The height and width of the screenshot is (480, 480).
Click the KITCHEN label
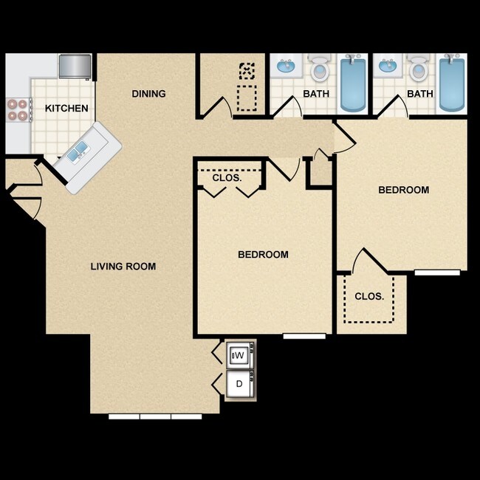[x=66, y=109]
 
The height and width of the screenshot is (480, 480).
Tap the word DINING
[x=148, y=94]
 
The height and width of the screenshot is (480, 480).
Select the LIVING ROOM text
[x=123, y=267]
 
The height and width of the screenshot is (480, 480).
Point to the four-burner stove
[x=18, y=110]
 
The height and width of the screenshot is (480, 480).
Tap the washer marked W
[x=239, y=356]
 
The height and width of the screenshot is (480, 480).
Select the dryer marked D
[x=239, y=384]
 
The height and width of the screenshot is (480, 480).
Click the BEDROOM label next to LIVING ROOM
[x=263, y=255]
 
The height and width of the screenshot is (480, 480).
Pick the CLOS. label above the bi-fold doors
[x=227, y=178]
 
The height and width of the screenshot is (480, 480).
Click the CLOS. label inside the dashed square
[x=369, y=296]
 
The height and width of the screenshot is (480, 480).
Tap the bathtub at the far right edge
[x=451, y=83]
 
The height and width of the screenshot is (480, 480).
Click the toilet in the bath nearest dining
[x=319, y=69]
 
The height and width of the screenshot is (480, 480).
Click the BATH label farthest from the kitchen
[x=420, y=94]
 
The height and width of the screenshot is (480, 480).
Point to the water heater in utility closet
[x=247, y=72]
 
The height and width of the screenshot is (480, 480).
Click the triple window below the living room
[x=155, y=416]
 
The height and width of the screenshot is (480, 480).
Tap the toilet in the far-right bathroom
[x=418, y=69]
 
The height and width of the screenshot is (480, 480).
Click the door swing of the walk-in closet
[x=367, y=261]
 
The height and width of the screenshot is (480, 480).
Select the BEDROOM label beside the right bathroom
[x=403, y=190]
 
